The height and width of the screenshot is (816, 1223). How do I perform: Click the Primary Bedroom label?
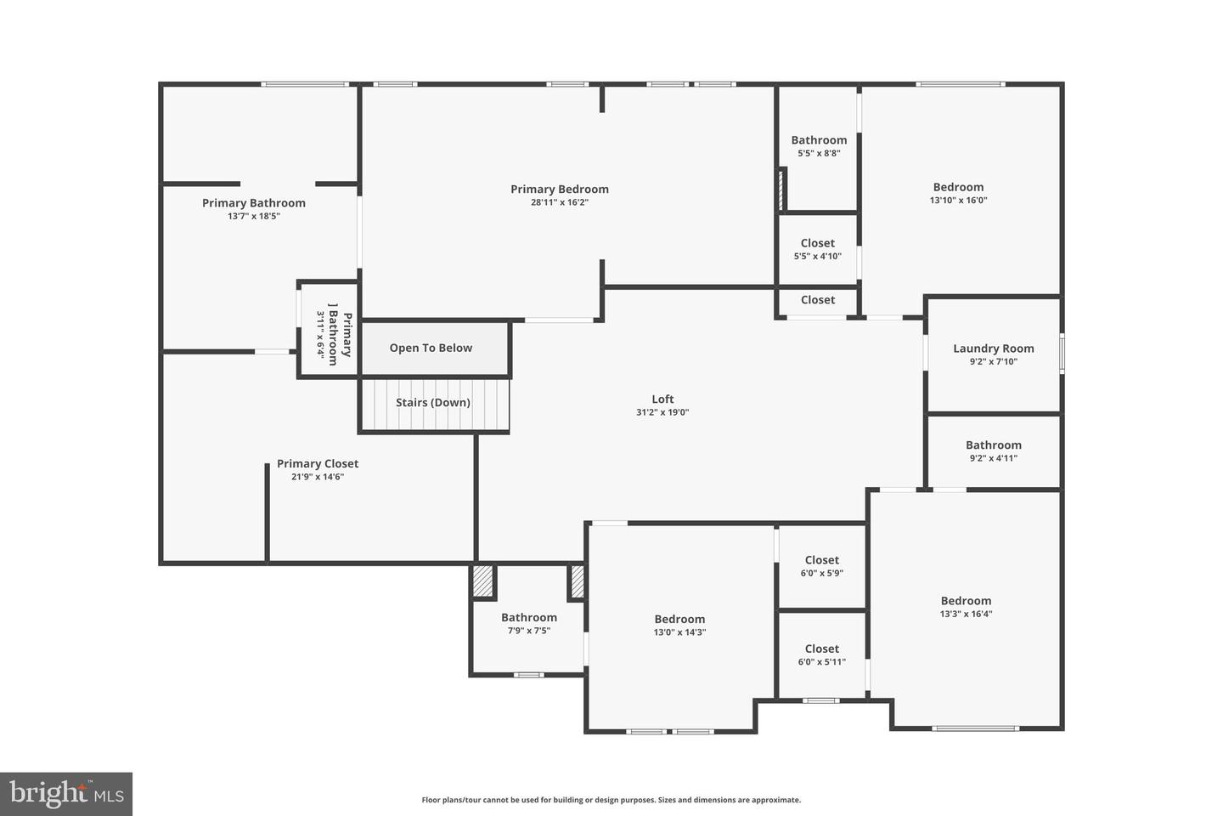pyautogui.click(x=559, y=189)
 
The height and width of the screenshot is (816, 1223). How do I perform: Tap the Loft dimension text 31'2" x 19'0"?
pyautogui.click(x=662, y=412)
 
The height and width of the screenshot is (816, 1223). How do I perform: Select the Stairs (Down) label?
pyautogui.click(x=432, y=402)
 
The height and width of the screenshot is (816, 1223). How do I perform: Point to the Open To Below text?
pyautogui.click(x=431, y=348)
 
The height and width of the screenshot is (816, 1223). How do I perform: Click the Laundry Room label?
pyautogui.click(x=993, y=348)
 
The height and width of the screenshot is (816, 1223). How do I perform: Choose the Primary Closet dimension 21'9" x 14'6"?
pyautogui.click(x=318, y=477)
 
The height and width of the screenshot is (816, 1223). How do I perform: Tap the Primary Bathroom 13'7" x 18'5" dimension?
pyautogui.click(x=253, y=216)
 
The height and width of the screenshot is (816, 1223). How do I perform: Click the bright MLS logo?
pyautogui.click(x=66, y=794)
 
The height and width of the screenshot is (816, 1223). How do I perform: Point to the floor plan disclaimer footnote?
pyautogui.click(x=611, y=800)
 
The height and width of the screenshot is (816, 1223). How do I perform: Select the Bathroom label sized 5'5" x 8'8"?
pyautogui.click(x=819, y=140)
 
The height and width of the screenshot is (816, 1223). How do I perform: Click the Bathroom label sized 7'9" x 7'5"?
pyautogui.click(x=528, y=617)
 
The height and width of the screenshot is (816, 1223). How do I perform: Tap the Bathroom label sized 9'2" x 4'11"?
pyautogui.click(x=993, y=445)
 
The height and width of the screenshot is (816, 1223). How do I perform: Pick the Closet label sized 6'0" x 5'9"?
pyautogui.click(x=822, y=559)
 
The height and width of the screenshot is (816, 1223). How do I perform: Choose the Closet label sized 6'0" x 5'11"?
pyautogui.click(x=822, y=649)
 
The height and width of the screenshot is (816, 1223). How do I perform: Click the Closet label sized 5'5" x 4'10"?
pyautogui.click(x=817, y=242)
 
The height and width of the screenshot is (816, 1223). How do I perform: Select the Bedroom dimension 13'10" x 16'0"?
pyautogui.click(x=958, y=200)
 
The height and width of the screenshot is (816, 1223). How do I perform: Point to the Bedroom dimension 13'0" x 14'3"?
pyautogui.click(x=679, y=632)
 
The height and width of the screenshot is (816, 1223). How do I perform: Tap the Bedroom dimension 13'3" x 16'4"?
pyautogui.click(x=966, y=614)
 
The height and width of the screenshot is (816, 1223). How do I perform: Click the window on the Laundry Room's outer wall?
pyautogui.click(x=1062, y=354)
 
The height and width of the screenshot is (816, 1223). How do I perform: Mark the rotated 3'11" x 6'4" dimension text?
pyautogui.click(x=320, y=335)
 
